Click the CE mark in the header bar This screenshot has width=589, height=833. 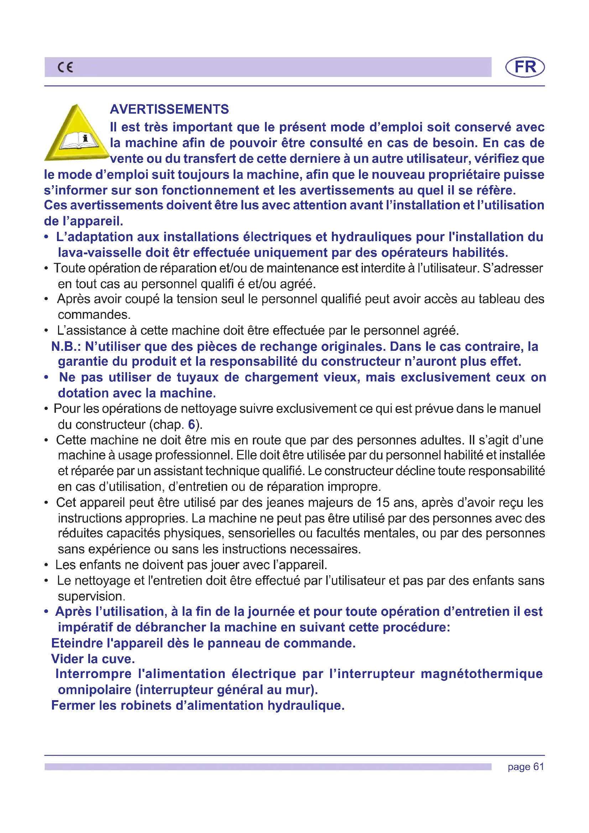point(65,67)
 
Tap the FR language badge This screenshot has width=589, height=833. point(525,67)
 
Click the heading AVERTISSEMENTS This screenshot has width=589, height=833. point(170,109)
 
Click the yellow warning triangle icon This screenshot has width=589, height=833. point(77,134)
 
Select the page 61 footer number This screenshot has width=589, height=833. point(526,767)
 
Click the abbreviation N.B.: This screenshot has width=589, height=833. point(66,347)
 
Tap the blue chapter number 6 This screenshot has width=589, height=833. point(192,424)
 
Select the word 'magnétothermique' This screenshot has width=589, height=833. point(482,674)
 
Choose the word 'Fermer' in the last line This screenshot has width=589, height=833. point(73,705)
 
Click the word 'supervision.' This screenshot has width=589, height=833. point(92,596)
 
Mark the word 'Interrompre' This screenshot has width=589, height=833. point(93,674)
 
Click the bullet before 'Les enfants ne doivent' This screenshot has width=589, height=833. point(46,565)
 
